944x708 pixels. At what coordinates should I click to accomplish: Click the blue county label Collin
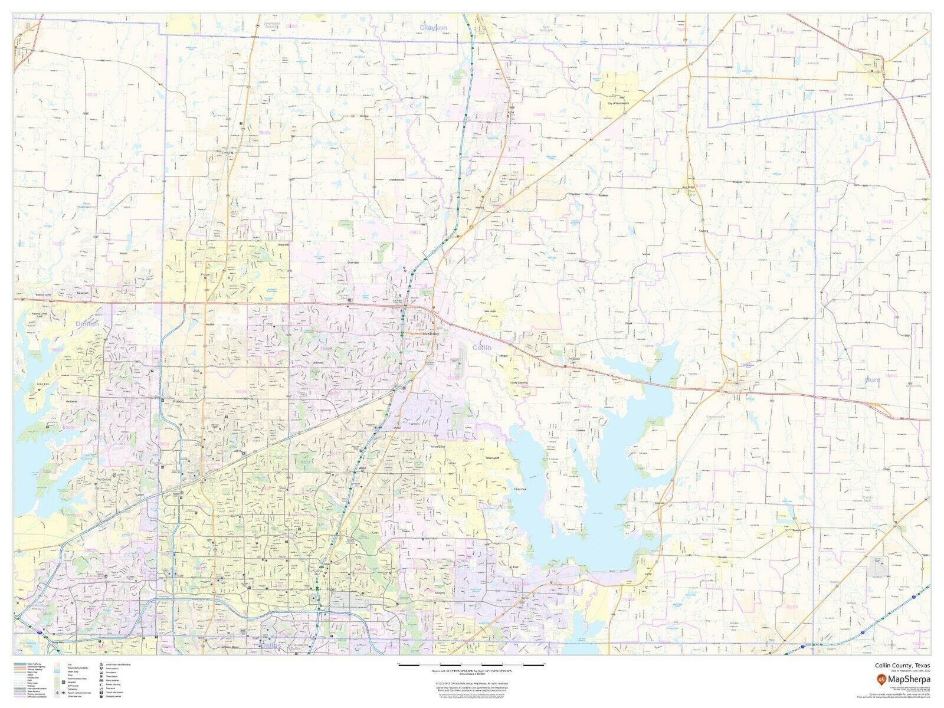click(x=481, y=348)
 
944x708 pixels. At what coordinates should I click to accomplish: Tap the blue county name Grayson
click(x=434, y=28)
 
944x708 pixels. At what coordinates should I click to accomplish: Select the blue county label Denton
click(x=87, y=324)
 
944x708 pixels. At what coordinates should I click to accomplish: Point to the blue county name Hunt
click(x=872, y=380)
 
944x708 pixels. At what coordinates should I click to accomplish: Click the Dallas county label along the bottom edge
click(x=272, y=645)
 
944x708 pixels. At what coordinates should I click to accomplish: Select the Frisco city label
click(x=179, y=402)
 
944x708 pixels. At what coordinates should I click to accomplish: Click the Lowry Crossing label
click(x=519, y=383)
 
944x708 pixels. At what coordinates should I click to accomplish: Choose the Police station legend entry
click(x=112, y=668)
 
